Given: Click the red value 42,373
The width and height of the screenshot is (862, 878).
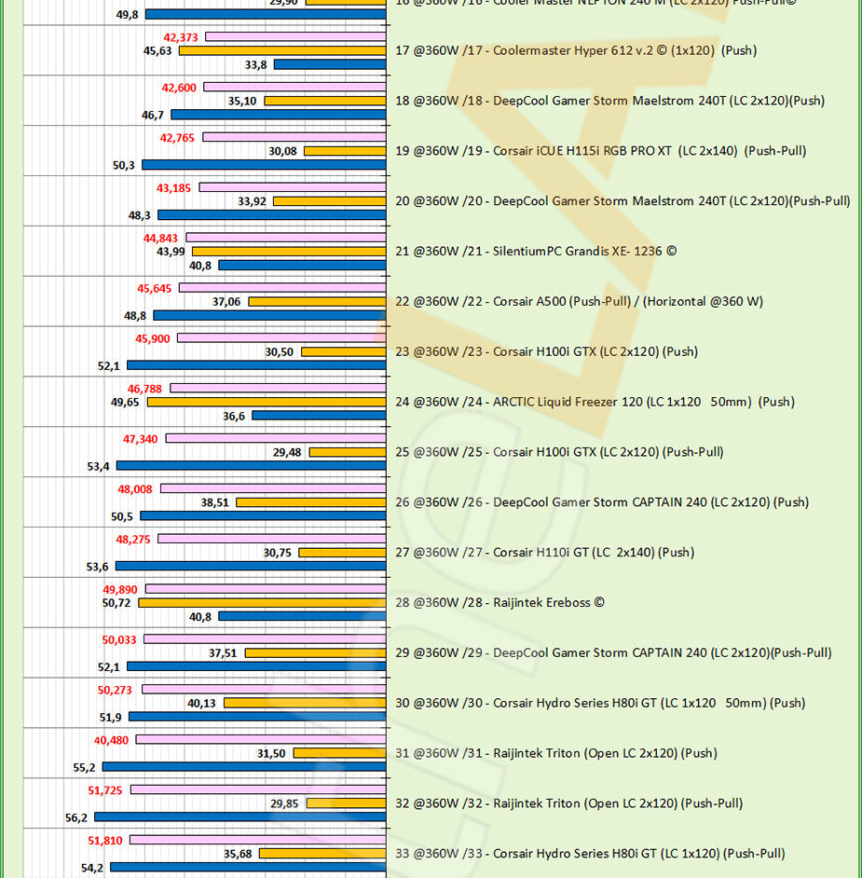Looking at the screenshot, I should (180, 37).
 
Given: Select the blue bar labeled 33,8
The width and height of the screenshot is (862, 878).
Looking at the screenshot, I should (330, 64).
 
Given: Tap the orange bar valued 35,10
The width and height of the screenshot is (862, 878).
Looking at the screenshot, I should (325, 101).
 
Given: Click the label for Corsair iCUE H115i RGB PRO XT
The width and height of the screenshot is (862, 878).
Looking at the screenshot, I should (600, 151).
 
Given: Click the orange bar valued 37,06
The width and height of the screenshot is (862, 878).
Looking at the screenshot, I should (317, 302).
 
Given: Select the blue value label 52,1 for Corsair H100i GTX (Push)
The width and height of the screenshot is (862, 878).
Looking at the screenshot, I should (109, 366).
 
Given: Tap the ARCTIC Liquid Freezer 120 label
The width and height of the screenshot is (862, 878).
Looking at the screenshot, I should (595, 403).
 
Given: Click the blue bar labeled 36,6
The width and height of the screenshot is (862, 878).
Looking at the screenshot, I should (319, 416).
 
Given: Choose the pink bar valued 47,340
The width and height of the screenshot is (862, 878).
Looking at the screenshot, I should (275, 438).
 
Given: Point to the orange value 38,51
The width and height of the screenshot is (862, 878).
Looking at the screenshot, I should (214, 502).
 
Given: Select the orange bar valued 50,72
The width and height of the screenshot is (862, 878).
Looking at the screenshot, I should (262, 603).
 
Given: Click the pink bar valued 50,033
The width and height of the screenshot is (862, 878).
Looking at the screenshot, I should (265, 639).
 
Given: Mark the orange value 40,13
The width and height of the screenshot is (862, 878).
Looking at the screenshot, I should (202, 704).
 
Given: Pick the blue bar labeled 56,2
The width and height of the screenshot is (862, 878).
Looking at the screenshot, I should (239, 816).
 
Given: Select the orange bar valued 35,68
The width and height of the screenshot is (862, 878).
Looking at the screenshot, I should (322, 854).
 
